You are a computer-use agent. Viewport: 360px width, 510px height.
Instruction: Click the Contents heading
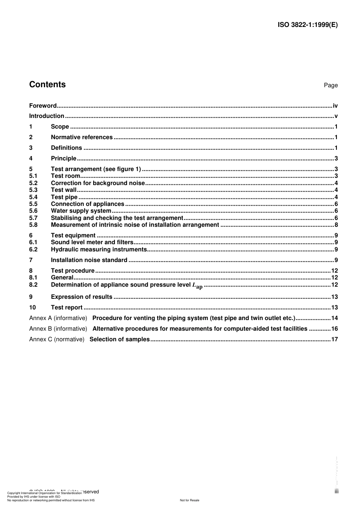click(47, 85)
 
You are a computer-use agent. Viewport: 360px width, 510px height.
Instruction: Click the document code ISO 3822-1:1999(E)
click(307, 25)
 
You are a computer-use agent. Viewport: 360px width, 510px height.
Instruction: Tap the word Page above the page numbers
click(330, 85)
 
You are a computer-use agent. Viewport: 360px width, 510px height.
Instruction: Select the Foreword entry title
click(43, 106)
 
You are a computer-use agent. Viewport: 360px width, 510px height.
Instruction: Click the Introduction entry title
click(47, 116)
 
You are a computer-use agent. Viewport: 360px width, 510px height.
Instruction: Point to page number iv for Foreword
click(335, 106)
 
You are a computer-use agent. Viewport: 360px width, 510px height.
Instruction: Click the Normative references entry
click(82, 137)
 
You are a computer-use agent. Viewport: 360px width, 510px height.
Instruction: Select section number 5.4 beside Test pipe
click(33, 197)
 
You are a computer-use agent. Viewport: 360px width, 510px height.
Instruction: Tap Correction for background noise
click(98, 183)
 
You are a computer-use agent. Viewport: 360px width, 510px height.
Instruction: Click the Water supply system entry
click(81, 211)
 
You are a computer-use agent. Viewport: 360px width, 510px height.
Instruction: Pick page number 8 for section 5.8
click(336, 225)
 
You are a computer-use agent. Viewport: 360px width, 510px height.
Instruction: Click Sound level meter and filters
click(92, 242)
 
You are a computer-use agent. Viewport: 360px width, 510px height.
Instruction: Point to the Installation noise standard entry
click(89, 260)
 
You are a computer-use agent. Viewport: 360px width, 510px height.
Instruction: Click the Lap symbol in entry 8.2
click(197, 286)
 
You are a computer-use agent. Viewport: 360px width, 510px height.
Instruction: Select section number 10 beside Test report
click(33, 308)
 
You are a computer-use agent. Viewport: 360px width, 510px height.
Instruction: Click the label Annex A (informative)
click(58, 318)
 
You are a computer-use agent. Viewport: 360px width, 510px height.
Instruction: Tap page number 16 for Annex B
click(334, 329)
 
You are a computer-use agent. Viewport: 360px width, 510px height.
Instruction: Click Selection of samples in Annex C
click(119, 339)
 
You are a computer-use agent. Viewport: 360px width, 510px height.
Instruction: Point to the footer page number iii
click(336, 491)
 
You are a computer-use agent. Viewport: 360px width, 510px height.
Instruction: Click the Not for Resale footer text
click(189, 500)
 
